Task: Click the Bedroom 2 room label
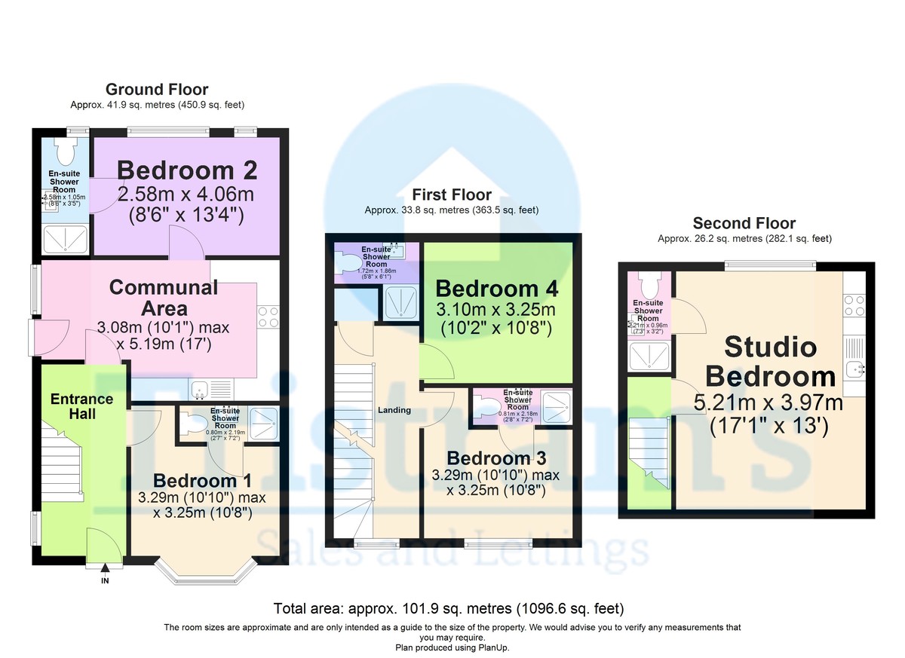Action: click(186, 170)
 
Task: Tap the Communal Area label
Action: click(164, 298)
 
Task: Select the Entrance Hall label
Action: click(81, 406)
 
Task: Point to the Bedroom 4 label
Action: click(496, 289)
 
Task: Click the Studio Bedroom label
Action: click(770, 362)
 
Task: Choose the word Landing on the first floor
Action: click(394, 410)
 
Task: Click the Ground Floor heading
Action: click(157, 90)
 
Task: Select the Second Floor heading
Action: click(744, 223)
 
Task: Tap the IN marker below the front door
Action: click(104, 580)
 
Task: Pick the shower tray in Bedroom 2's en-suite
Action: click(64, 240)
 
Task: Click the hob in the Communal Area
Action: click(268, 317)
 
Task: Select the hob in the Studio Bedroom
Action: click(854, 305)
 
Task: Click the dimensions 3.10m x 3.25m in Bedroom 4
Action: click(496, 311)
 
